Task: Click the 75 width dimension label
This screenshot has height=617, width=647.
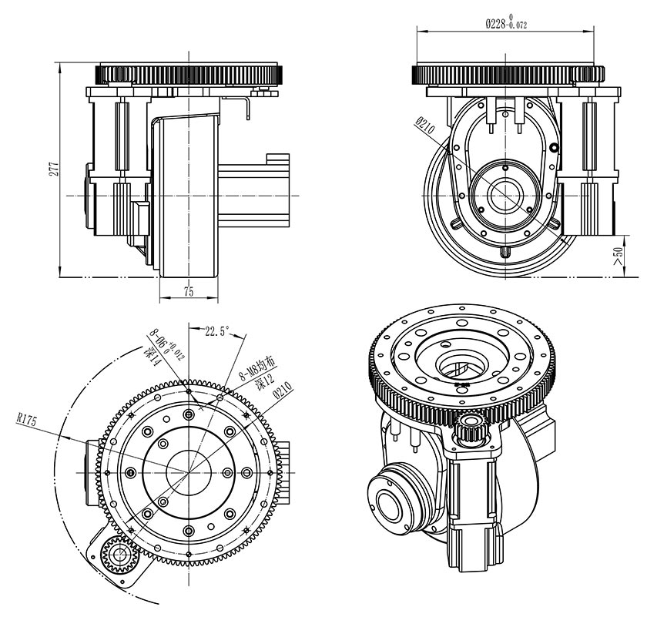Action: [x=188, y=292]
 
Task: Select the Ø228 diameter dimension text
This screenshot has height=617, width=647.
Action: [x=506, y=24]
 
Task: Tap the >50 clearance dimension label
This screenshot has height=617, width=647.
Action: [x=618, y=256]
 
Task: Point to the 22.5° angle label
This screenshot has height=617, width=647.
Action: [x=216, y=332]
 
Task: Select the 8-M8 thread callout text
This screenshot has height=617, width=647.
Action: [x=253, y=369]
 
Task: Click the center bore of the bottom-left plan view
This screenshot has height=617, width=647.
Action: [x=189, y=471]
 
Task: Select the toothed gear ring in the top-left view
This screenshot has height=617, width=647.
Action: [x=189, y=75]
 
